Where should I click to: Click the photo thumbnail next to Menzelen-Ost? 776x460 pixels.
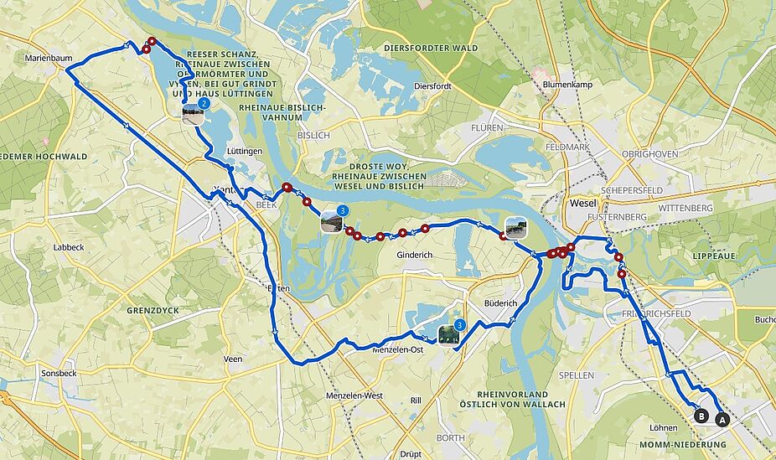[x=448, y=334]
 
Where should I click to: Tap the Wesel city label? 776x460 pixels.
[x=582, y=204]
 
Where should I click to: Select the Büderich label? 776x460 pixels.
[x=502, y=302]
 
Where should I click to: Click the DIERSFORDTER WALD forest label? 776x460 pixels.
[x=430, y=49]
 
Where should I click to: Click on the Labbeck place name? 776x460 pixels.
[x=68, y=247]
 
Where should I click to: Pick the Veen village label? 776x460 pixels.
[x=233, y=359]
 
